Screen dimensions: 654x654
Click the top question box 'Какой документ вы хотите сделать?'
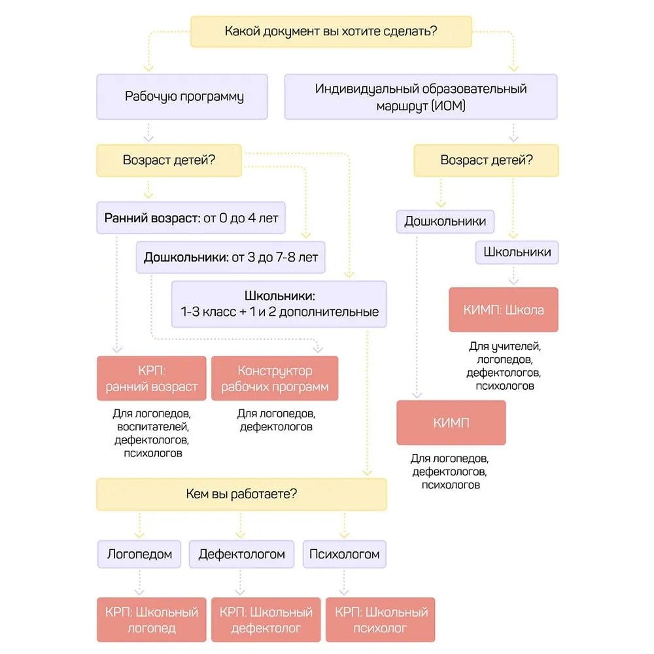(331, 31)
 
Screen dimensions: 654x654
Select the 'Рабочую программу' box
(182, 97)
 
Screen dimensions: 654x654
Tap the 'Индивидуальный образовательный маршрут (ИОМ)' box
(421, 97)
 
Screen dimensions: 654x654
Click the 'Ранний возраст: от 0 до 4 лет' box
(191, 218)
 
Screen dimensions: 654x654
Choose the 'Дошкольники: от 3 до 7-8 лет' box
(231, 257)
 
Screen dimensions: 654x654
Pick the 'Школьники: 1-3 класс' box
(279, 304)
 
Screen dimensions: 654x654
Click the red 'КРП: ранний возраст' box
(152, 378)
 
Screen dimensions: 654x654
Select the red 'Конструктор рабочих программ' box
(275, 378)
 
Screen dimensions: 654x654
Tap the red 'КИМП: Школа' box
(504, 309)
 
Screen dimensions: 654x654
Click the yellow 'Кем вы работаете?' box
(241, 494)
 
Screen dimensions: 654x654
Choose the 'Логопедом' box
(139, 555)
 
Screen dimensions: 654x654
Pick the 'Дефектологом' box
(241, 555)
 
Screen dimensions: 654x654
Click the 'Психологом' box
(345, 555)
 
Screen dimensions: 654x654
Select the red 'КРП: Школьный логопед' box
(152, 620)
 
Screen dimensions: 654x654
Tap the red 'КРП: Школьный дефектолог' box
(266, 620)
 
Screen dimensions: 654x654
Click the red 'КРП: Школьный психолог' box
(381, 620)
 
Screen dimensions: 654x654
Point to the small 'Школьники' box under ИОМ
(517, 252)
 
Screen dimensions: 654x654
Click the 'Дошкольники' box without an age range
(445, 222)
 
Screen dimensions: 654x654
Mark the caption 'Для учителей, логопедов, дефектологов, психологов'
(504, 366)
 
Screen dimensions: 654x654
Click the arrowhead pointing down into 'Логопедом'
(139, 535)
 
